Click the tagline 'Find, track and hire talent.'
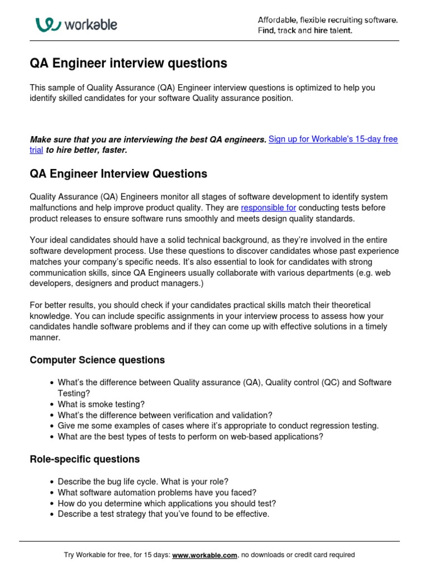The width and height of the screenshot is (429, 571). tap(304, 31)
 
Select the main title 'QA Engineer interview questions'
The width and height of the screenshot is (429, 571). tap(128, 64)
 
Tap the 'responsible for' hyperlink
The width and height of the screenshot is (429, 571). tap(269, 207)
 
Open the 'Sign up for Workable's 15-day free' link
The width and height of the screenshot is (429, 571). tap(333, 139)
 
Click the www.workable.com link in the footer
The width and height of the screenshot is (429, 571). tap(205, 555)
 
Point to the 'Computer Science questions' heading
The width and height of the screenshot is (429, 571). tap(97, 360)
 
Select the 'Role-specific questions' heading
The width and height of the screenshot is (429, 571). tap(84, 459)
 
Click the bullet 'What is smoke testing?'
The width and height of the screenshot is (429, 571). tap(101, 404)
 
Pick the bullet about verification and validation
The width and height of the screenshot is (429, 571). tap(165, 415)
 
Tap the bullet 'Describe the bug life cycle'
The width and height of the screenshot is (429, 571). tap(143, 482)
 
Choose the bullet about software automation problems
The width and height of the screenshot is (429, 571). tap(157, 492)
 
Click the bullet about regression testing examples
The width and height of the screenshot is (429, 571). tap(218, 425)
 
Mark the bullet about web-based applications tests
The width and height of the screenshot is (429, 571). tap(190, 437)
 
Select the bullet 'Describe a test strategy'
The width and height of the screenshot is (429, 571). tap(163, 514)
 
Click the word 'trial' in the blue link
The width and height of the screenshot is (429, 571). tap(36, 150)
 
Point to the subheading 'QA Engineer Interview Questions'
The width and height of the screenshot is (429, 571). tap(118, 174)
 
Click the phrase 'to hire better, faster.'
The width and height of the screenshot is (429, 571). tap(87, 150)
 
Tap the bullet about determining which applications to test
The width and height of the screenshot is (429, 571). tap(166, 503)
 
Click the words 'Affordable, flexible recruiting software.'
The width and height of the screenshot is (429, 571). tap(328, 20)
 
